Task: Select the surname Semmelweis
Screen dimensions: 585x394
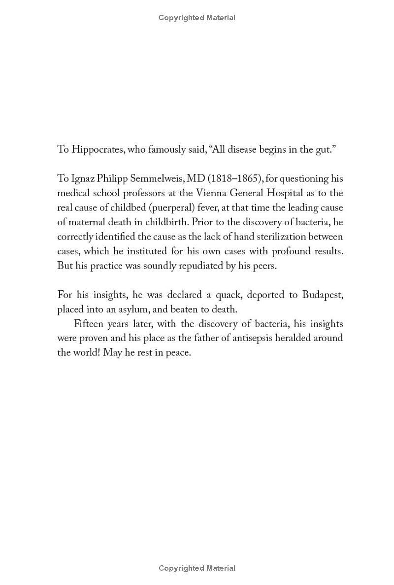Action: coord(168,179)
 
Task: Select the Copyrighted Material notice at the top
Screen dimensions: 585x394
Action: coord(197,18)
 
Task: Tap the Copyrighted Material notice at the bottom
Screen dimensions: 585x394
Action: coord(197,568)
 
